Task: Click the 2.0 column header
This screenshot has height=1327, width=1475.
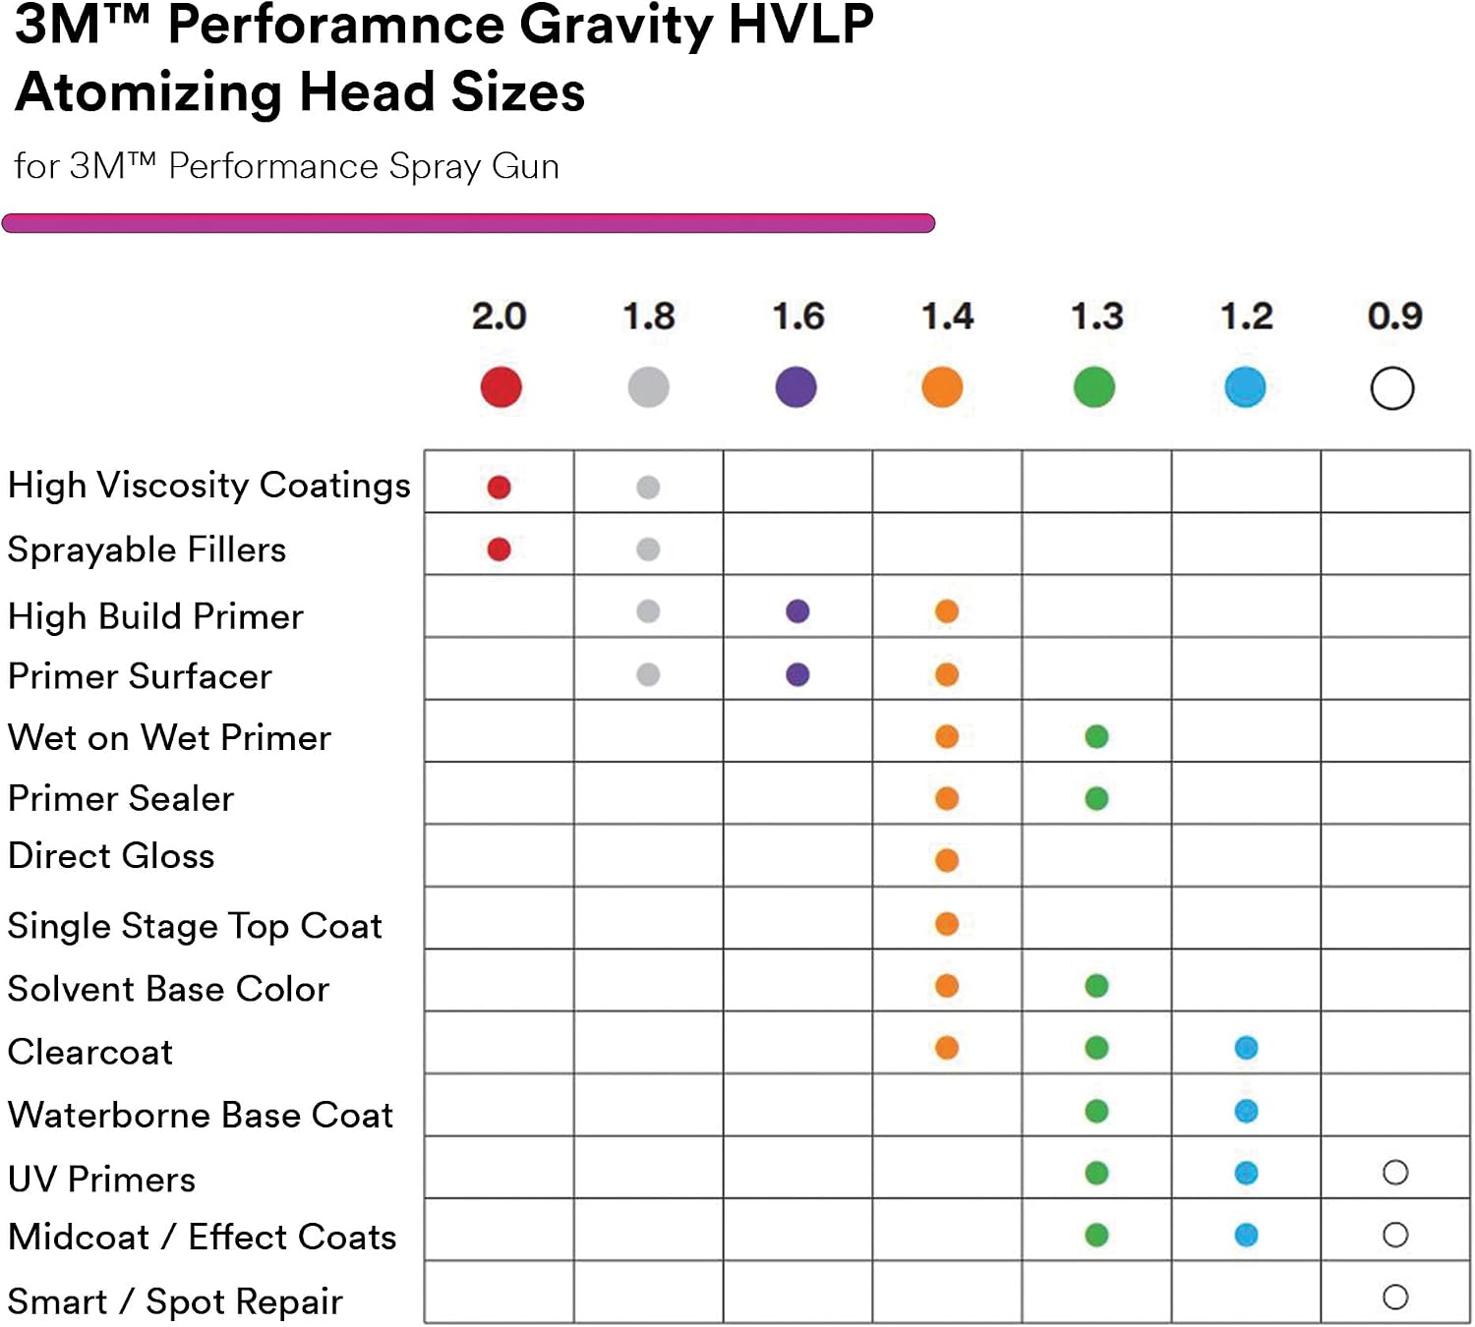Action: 499,317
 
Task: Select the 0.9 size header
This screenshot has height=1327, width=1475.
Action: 1394,317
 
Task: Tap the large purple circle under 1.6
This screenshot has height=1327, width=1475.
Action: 796,386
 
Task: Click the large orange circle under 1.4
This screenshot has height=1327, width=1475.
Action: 943,386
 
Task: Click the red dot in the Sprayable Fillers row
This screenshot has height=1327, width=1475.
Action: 499,549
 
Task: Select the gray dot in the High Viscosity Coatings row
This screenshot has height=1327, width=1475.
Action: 648,487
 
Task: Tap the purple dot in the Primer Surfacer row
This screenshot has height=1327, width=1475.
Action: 797,674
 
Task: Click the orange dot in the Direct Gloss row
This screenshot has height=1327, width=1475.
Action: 947,860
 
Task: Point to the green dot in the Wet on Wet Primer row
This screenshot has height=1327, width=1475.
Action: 1096,736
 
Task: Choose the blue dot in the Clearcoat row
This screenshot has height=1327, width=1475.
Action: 1246,1048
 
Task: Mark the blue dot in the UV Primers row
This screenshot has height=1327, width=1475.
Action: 1246,1173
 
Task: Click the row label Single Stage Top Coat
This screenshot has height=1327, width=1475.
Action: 195,926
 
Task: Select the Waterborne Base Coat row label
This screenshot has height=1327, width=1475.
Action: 201,1115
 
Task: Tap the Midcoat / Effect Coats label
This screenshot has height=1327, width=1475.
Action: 203,1237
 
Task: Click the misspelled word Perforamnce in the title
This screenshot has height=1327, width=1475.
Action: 336,27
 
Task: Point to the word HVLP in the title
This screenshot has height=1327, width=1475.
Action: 800,25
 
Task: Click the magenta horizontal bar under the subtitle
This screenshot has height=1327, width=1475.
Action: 468,223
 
